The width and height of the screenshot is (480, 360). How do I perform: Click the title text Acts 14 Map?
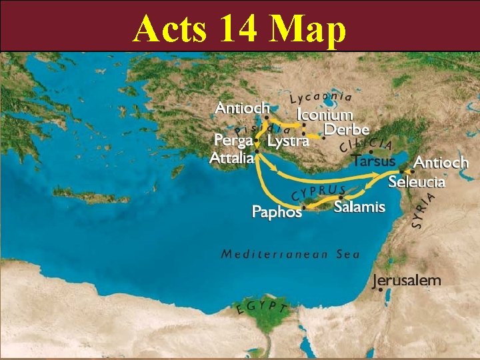point(239,28)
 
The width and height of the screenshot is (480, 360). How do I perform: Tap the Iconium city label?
point(325,114)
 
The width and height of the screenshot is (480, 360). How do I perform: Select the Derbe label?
point(347,129)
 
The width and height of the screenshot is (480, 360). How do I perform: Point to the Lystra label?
point(288,141)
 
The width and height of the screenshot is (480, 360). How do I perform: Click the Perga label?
point(233,141)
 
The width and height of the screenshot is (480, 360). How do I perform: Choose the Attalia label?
point(231,158)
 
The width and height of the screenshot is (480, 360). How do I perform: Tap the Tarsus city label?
point(373,161)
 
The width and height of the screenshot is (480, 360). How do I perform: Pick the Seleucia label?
point(417,181)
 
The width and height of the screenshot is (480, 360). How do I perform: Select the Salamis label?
point(359,207)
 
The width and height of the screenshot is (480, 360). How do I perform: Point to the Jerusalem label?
point(407,281)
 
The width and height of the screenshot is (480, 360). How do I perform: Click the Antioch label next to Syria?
point(441,162)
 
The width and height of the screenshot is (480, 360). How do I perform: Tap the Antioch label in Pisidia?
point(242,107)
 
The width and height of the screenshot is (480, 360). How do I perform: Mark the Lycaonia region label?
point(320,97)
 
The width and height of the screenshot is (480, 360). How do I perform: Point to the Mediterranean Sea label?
point(290,254)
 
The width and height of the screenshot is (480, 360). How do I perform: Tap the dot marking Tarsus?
point(371,151)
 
